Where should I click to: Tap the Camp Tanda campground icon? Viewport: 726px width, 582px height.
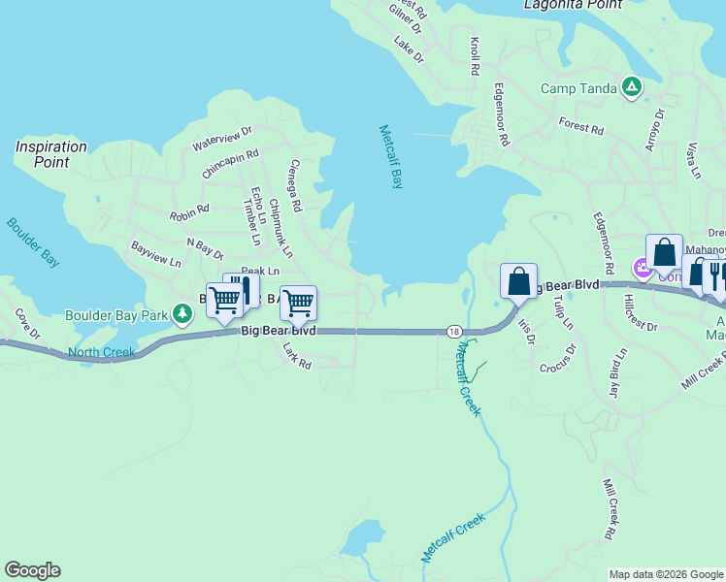tap(632, 88)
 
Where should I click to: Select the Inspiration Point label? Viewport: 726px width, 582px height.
tap(50, 154)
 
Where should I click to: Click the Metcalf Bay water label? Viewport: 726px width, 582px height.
tap(391, 156)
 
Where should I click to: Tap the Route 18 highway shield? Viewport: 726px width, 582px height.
tap(454, 331)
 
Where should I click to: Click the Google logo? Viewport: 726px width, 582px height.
tap(32, 570)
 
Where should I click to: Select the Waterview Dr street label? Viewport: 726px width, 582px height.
tap(222, 138)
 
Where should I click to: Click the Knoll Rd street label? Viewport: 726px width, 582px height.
tap(475, 57)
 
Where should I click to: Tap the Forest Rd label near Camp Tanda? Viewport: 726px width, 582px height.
tap(581, 127)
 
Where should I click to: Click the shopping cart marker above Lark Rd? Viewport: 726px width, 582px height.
tap(298, 303)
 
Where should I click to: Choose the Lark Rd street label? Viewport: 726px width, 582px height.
tap(296, 356)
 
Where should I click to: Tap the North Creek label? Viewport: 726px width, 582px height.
tap(102, 353)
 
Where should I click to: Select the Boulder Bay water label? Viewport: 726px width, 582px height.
tap(33, 242)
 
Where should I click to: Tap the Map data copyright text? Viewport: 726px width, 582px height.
tap(666, 574)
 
